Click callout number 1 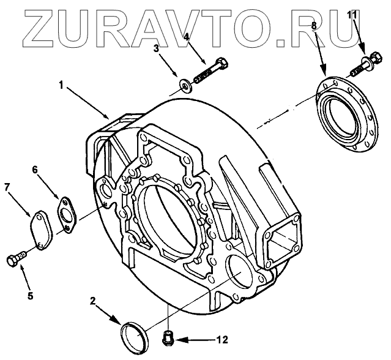click(61, 85)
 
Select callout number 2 click(92, 301)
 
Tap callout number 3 click(157, 48)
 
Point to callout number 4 click(187, 37)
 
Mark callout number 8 click(314, 26)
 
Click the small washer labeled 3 click(184, 83)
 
